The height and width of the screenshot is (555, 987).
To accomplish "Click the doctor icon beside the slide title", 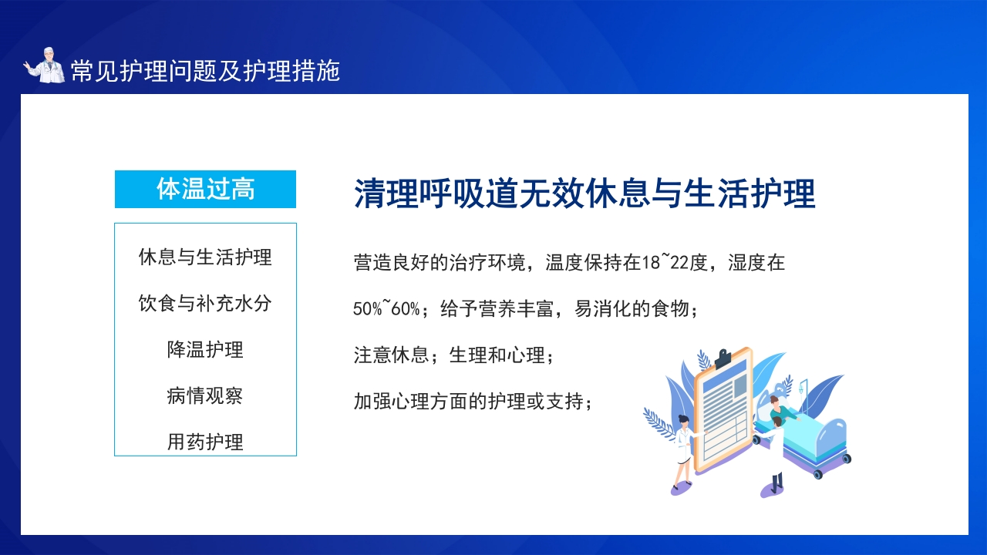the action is click(x=44, y=66).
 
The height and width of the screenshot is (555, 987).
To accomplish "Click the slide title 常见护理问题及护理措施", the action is click(x=205, y=70).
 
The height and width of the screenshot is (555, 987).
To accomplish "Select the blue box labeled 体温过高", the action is click(x=205, y=189).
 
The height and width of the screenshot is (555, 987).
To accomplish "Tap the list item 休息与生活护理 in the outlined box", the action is click(x=205, y=257).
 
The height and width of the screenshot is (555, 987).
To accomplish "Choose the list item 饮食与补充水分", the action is click(x=205, y=304).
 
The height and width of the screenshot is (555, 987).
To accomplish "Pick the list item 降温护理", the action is click(x=205, y=350).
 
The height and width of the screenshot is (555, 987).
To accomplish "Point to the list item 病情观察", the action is click(x=205, y=395).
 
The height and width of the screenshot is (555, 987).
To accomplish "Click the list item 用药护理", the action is click(x=205, y=442).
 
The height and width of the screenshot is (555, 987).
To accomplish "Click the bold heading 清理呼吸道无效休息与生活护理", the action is click(x=584, y=193).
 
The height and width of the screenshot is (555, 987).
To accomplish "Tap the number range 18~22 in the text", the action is click(x=665, y=263).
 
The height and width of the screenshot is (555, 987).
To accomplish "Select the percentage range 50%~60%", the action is click(x=386, y=309).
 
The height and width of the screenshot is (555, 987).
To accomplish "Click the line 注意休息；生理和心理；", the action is click(x=453, y=355).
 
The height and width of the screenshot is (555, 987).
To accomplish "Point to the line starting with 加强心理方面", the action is click(x=473, y=402).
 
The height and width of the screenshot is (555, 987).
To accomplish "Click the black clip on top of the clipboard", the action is click(x=723, y=358).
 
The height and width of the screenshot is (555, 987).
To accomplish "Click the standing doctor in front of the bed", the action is click(x=775, y=457).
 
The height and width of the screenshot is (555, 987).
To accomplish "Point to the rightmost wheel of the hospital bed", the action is click(x=847, y=459).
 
